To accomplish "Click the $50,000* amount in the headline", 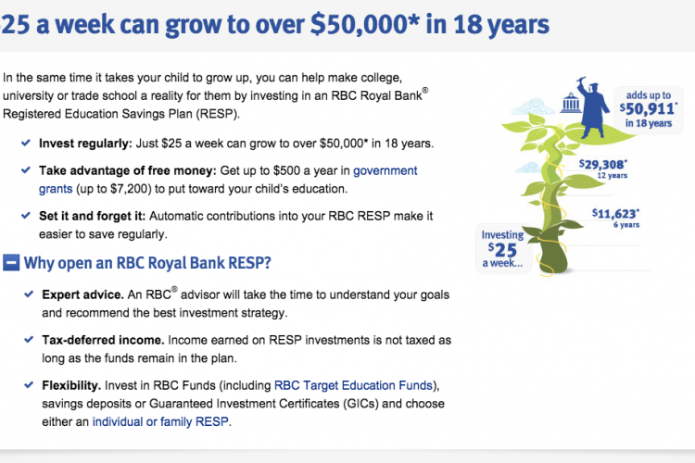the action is [x=364, y=23].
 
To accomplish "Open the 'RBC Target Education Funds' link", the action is [x=353, y=385].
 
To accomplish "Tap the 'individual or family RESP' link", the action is [x=160, y=421].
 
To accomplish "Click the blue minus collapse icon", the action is [x=11, y=262].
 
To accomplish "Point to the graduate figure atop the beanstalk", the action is [x=591, y=107].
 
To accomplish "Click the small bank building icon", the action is [x=571, y=103].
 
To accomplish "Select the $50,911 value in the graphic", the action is [x=648, y=108].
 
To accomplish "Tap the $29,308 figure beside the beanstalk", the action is [x=603, y=165].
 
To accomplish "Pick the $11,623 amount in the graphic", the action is [x=615, y=214].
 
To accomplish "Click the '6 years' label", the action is [x=626, y=225].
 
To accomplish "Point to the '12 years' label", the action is [x=613, y=175].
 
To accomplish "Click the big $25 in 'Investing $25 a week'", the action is [x=502, y=250].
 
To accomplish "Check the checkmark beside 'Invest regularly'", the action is [x=26, y=143].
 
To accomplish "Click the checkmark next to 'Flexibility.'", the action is [x=29, y=384].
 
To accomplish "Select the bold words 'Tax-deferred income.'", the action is [x=103, y=340].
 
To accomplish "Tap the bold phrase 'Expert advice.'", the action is [x=82, y=295].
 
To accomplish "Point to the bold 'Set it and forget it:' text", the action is [x=92, y=216].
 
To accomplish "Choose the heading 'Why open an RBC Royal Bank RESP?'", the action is [x=147, y=263].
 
